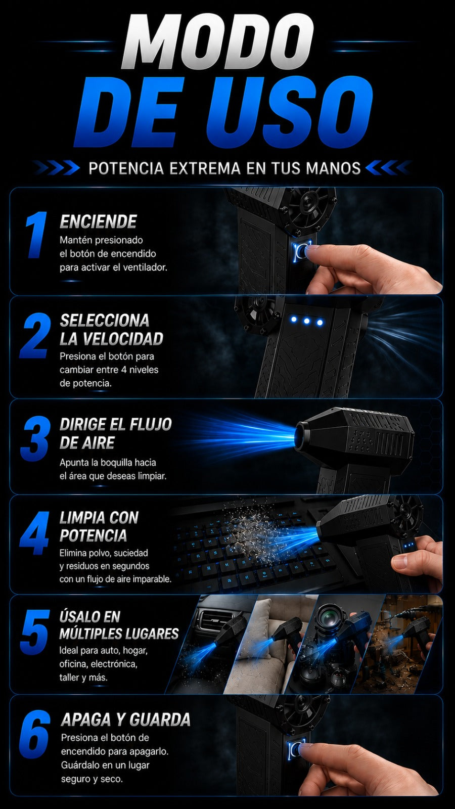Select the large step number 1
[x=36, y=235]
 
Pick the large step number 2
[x=35, y=336]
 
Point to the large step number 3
[x=35, y=438]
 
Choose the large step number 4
[x=35, y=533]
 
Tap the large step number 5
[x=35, y=632]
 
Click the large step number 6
[x=35, y=735]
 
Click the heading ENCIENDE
[x=98, y=221]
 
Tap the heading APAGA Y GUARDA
[x=126, y=720]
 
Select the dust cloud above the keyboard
[x=253, y=527]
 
